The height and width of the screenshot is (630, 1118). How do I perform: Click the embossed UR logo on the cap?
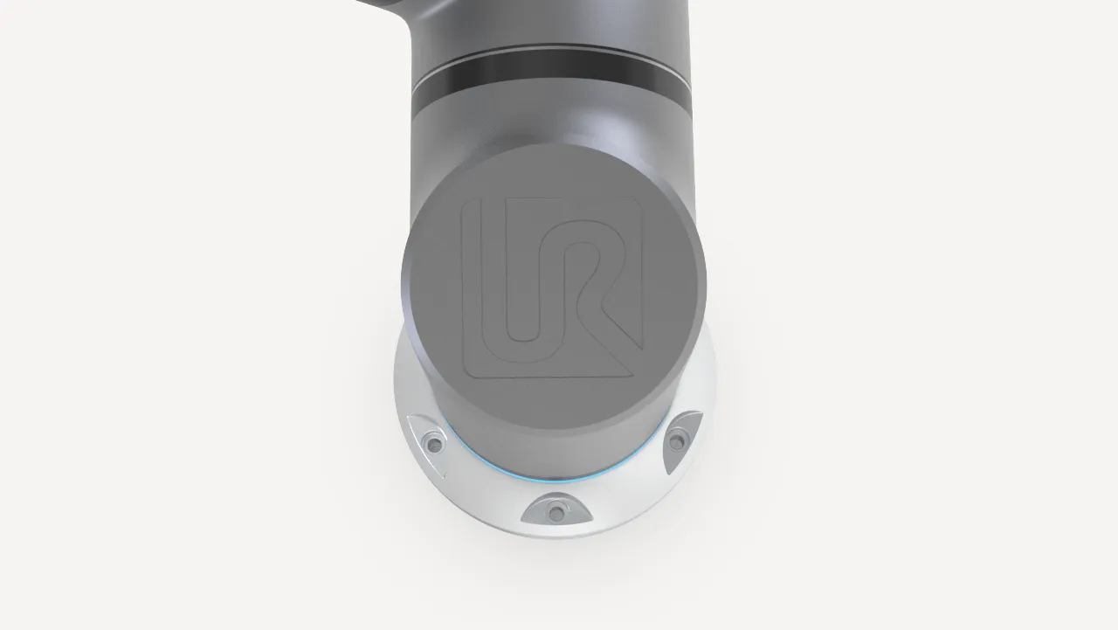(552, 287)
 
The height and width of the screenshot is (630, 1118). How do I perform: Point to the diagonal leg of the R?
(619, 324)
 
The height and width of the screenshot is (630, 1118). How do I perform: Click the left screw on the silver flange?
(433, 443)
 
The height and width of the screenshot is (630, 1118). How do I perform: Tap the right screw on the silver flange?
(676, 440)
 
